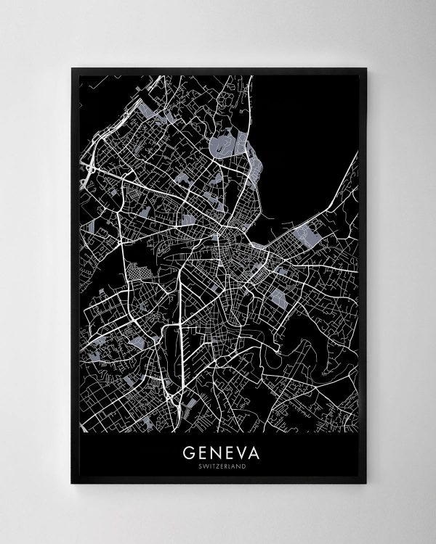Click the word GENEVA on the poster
pos(217,453)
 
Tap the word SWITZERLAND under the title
pos(217,466)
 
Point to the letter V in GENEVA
pos(236,453)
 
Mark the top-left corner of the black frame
pos(72,68)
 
